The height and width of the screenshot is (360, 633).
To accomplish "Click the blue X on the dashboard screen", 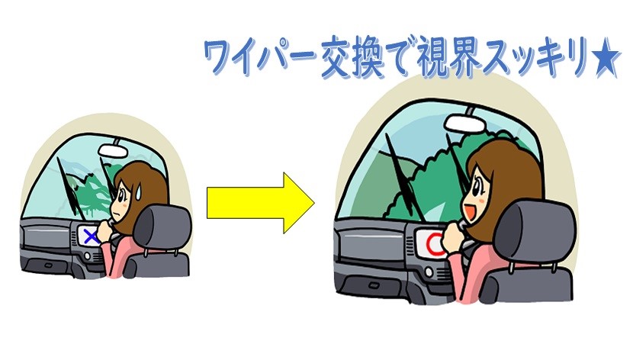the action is pyautogui.click(x=92, y=237).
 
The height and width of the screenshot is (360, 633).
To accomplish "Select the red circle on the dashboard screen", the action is pyautogui.click(x=435, y=245).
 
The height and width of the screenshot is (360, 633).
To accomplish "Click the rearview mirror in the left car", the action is pyautogui.click(x=114, y=149).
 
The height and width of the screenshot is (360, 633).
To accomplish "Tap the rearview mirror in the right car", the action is pyautogui.click(x=465, y=123).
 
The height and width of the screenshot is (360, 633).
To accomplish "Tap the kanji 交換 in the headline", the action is pyautogui.click(x=352, y=59).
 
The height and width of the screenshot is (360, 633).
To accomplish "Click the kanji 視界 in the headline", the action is pyautogui.click(x=449, y=58).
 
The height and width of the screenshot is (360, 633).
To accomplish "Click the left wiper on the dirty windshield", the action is pyautogui.click(x=68, y=185).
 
